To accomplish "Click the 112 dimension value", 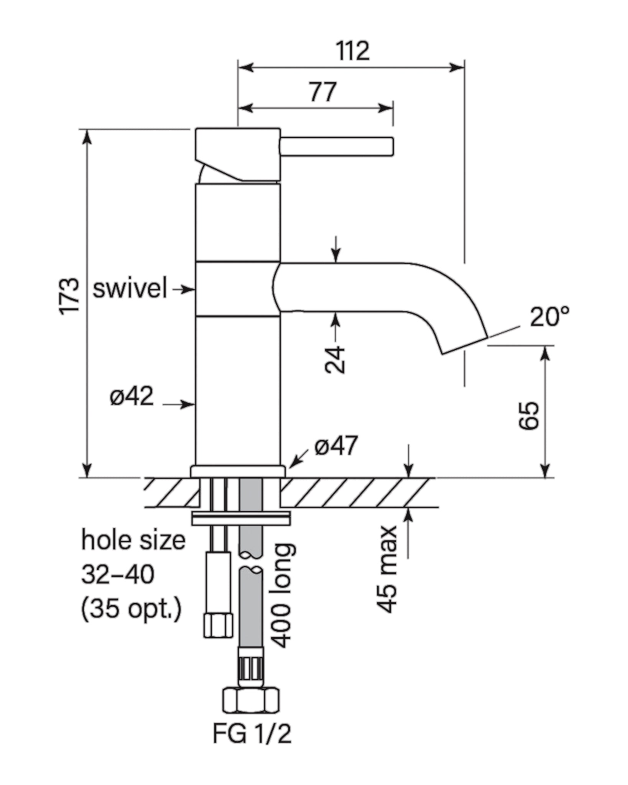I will tap(353, 51).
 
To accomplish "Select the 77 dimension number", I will tap(323, 92).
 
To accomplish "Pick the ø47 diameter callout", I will tap(336, 445).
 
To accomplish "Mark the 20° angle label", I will tap(549, 317).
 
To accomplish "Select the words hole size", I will tap(133, 541).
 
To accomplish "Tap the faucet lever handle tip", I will tap(390, 146).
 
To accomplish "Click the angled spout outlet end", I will tap(465, 346).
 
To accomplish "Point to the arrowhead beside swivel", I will tap(188, 289).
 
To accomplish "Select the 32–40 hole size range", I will tap(118, 575).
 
